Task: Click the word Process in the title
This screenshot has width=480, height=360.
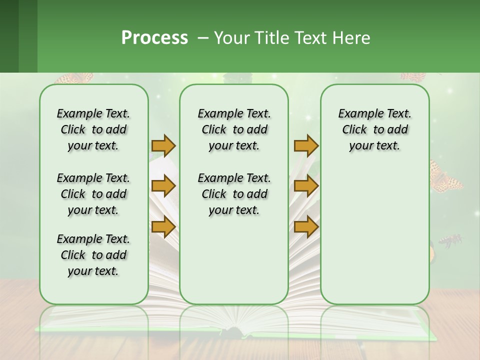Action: tap(154, 37)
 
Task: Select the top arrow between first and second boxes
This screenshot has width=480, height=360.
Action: tap(163, 145)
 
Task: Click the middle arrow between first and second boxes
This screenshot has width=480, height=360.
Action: tap(163, 186)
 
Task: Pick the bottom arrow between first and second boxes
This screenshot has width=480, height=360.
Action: tap(163, 227)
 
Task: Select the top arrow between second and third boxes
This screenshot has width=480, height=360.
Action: tap(306, 145)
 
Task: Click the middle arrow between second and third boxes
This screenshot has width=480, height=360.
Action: tap(306, 186)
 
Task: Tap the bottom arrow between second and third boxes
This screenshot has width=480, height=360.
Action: tap(306, 227)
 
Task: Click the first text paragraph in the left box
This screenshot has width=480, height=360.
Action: tap(93, 129)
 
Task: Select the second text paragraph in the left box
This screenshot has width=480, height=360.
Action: tap(93, 194)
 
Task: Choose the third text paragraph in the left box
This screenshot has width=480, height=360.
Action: tap(93, 255)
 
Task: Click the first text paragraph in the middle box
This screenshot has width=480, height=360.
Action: tap(234, 129)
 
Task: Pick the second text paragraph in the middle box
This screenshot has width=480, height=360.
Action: tap(234, 194)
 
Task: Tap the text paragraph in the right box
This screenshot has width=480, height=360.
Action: tap(374, 129)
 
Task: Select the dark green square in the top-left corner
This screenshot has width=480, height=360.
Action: tap(9, 36)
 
